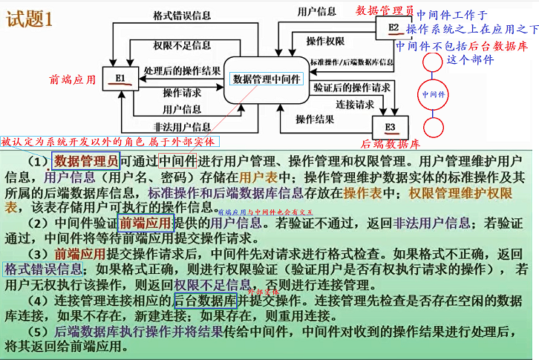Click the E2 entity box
[393, 29]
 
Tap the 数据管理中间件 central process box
[267, 79]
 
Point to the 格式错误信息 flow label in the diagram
[182, 15]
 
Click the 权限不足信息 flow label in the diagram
[182, 45]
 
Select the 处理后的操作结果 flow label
[183, 72]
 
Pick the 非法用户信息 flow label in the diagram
[182, 126]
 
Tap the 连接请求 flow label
[354, 104]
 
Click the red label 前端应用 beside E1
[72, 79]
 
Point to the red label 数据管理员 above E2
[385, 10]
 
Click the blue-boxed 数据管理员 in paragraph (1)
[86, 160]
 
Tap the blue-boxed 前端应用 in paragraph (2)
[146, 221]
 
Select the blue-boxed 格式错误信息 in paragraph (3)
[44, 269]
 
